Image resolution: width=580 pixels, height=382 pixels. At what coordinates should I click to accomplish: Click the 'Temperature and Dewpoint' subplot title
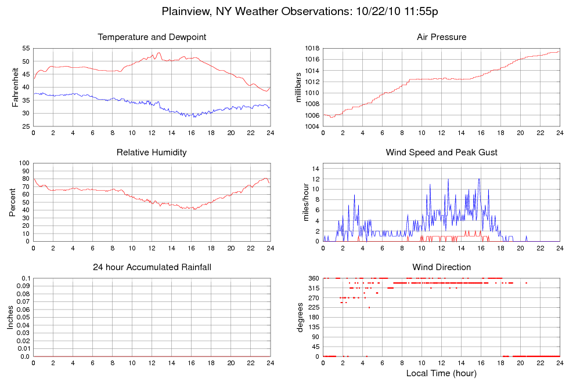(152, 38)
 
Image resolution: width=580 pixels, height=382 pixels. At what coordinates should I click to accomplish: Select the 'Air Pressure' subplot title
(441, 38)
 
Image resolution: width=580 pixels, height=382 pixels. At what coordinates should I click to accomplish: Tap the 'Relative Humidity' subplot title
(152, 152)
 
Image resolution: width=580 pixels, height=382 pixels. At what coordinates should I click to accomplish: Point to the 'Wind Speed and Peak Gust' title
(441, 152)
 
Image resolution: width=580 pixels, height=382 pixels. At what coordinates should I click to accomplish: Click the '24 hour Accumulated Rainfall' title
(152, 267)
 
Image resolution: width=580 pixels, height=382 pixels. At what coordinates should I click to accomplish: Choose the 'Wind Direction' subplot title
(441, 267)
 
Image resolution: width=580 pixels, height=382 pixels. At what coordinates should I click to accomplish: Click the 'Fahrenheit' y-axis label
(16, 88)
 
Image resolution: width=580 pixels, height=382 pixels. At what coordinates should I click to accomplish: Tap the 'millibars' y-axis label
(299, 88)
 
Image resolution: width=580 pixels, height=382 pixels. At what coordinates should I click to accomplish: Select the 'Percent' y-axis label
(13, 202)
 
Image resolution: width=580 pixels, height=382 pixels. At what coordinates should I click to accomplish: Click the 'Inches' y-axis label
(10, 317)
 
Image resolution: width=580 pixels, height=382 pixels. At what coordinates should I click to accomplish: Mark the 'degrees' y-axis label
(300, 317)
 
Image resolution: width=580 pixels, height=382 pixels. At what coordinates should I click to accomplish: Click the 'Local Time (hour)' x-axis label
(441, 373)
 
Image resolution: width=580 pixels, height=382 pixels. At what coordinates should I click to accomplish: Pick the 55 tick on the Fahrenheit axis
(26, 48)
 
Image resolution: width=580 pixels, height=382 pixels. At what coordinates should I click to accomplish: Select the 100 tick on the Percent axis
(24, 163)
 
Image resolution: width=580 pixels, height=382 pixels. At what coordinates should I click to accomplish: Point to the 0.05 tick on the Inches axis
(23, 318)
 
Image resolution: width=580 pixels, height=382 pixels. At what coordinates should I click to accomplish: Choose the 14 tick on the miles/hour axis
(316, 168)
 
